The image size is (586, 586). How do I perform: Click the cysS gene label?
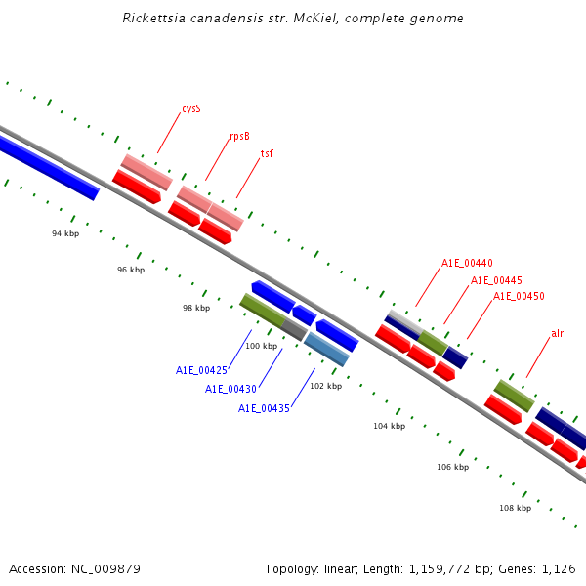(x=191, y=109)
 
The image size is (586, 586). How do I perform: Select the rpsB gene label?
(x=239, y=137)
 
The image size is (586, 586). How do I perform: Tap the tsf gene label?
(x=267, y=154)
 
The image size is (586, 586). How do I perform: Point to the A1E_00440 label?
(x=467, y=264)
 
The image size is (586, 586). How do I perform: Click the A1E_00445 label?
(x=496, y=280)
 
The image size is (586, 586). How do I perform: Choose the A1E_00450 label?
(x=519, y=296)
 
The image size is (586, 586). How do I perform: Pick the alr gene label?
(x=557, y=334)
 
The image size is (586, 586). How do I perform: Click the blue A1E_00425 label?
(x=201, y=371)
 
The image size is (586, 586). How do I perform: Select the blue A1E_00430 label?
(x=230, y=389)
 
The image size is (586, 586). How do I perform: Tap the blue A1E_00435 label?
(x=264, y=408)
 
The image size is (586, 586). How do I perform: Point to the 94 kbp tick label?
(x=65, y=234)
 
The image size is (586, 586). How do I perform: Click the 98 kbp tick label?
(x=196, y=308)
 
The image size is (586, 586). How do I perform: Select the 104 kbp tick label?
(x=389, y=426)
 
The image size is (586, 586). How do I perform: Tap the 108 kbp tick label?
(x=515, y=508)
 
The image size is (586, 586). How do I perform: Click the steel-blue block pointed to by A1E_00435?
(x=327, y=349)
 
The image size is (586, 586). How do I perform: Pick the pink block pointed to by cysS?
(x=146, y=171)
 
